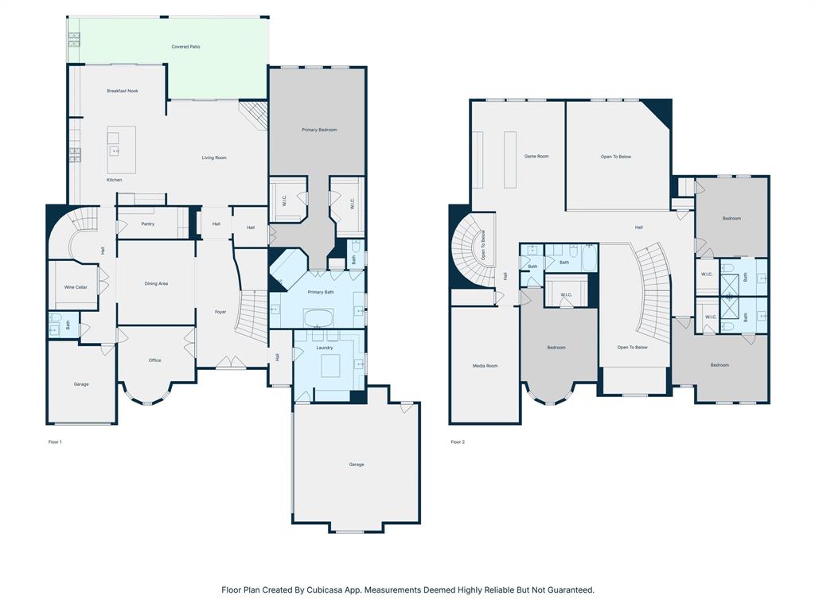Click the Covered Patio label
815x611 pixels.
pyautogui.click(x=185, y=47)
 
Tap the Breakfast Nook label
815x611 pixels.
pyautogui.click(x=123, y=91)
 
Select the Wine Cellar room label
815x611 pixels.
pyautogui.click(x=76, y=287)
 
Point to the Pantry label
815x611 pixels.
pyautogui.click(x=147, y=224)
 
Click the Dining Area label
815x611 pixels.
pyautogui.click(x=156, y=284)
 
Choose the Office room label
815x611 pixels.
pyautogui.click(x=154, y=360)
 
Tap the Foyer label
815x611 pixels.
pyautogui.click(x=220, y=312)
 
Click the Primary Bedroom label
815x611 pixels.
pyautogui.click(x=319, y=130)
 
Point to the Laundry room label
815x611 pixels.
pyautogui.click(x=325, y=348)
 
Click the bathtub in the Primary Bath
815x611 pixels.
pyautogui.click(x=320, y=320)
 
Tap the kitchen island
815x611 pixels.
pyautogui.click(x=121, y=150)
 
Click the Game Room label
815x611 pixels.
pyautogui.click(x=536, y=157)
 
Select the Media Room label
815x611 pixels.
pyautogui.click(x=485, y=366)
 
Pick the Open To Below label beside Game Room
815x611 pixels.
pyautogui.click(x=616, y=157)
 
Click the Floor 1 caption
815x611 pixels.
pyautogui.click(x=55, y=442)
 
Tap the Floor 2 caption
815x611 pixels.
pyautogui.click(x=457, y=442)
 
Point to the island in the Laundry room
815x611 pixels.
pyautogui.click(x=330, y=367)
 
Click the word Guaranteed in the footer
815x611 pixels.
pyautogui.click(x=570, y=590)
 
